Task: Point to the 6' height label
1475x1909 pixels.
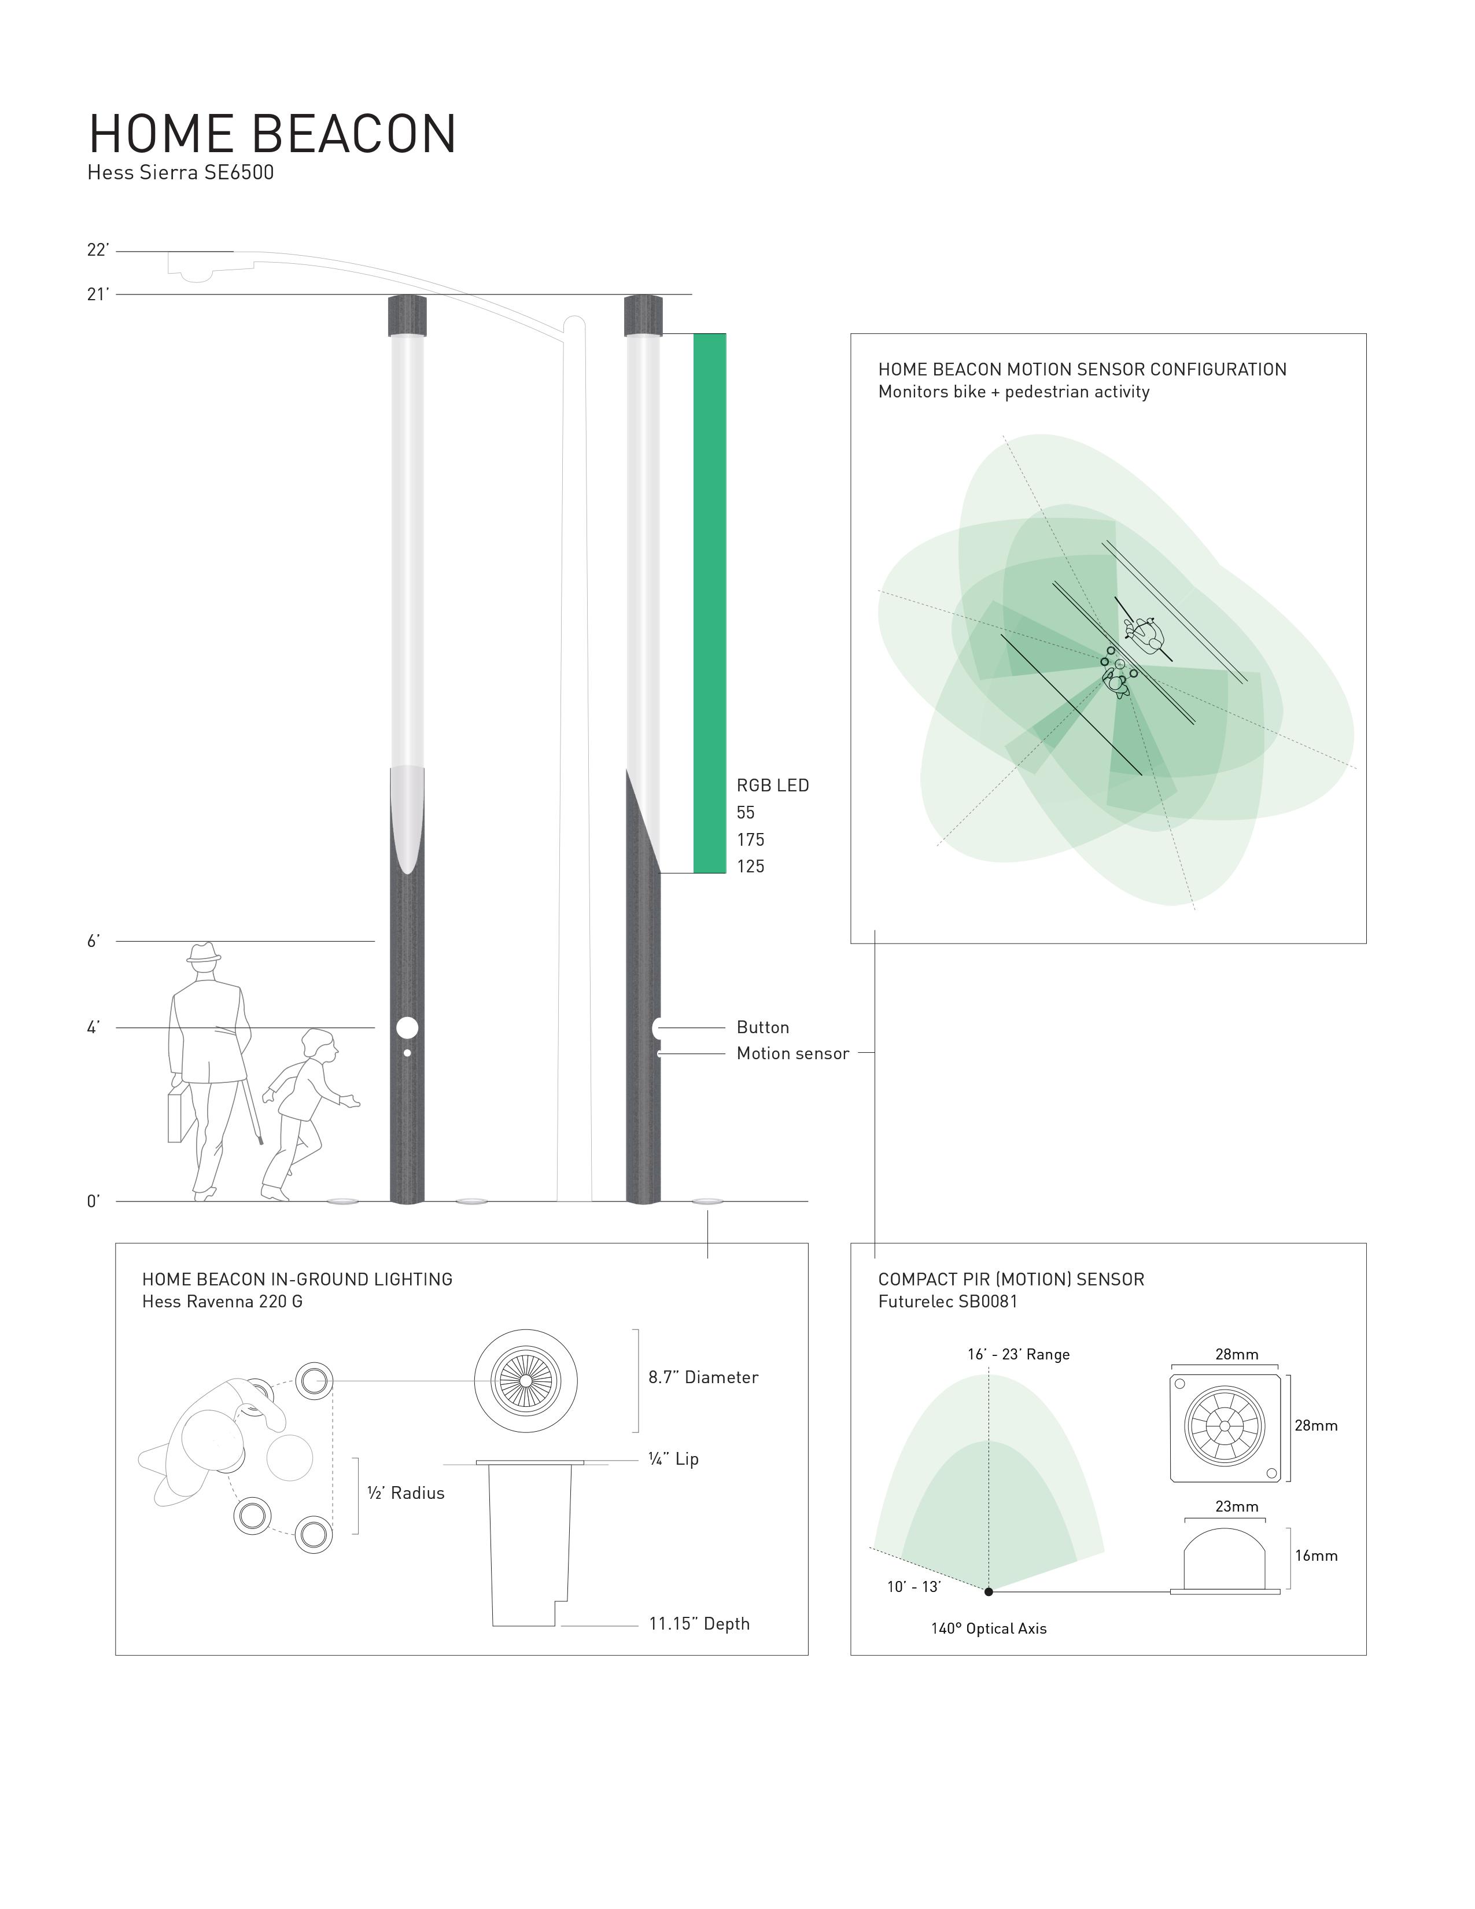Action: point(94,941)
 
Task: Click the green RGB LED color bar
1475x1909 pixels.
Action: point(710,603)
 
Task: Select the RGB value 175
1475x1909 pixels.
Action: point(750,840)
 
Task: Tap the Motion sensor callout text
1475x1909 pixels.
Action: point(792,1054)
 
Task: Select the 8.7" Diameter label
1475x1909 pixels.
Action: point(703,1377)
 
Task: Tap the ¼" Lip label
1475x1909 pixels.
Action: point(673,1459)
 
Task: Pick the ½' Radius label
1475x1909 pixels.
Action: point(405,1494)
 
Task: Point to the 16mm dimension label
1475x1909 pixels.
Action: point(1316,1556)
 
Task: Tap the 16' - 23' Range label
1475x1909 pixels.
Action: point(1018,1355)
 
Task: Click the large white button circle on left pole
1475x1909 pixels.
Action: point(407,1028)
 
